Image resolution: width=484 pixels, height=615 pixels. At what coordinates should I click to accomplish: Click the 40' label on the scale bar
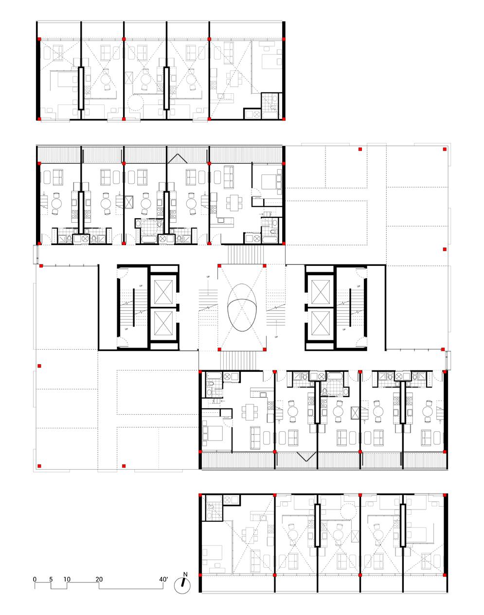point(163,579)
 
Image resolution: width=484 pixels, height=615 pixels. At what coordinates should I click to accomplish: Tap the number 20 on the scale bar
point(99,579)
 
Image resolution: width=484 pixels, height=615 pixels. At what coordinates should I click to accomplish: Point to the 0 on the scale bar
point(35,579)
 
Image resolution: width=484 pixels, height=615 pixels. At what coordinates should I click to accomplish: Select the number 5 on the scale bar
point(51,579)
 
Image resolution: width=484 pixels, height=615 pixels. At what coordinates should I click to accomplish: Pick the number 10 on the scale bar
point(67,579)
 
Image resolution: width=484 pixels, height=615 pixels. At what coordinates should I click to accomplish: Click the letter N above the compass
point(185,575)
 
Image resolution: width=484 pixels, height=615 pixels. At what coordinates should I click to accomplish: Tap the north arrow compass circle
point(182,585)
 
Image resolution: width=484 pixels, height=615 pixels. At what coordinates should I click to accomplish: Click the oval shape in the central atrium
point(241,307)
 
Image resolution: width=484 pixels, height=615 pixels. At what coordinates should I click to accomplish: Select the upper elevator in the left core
point(163,292)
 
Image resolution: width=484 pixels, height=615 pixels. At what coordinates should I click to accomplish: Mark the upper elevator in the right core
point(321,292)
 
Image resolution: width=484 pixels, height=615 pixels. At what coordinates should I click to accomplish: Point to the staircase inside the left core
point(133,307)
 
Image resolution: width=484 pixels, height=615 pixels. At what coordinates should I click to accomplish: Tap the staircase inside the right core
point(350,307)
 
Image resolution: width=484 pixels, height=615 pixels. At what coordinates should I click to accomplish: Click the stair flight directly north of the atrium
point(245,255)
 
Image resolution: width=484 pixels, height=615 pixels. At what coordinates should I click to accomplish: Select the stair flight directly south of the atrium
point(238,360)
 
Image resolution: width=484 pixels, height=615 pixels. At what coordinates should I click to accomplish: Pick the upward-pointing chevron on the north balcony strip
point(178,158)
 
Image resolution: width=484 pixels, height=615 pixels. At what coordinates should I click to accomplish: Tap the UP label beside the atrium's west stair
point(208,277)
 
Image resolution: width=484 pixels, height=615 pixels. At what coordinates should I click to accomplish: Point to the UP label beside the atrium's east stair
point(276,337)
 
